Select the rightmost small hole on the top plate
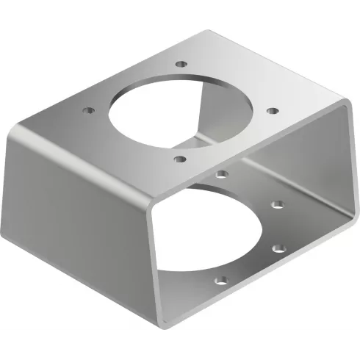pyautogui.click(x=273, y=111)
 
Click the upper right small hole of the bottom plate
pyautogui.click(x=277, y=204)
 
